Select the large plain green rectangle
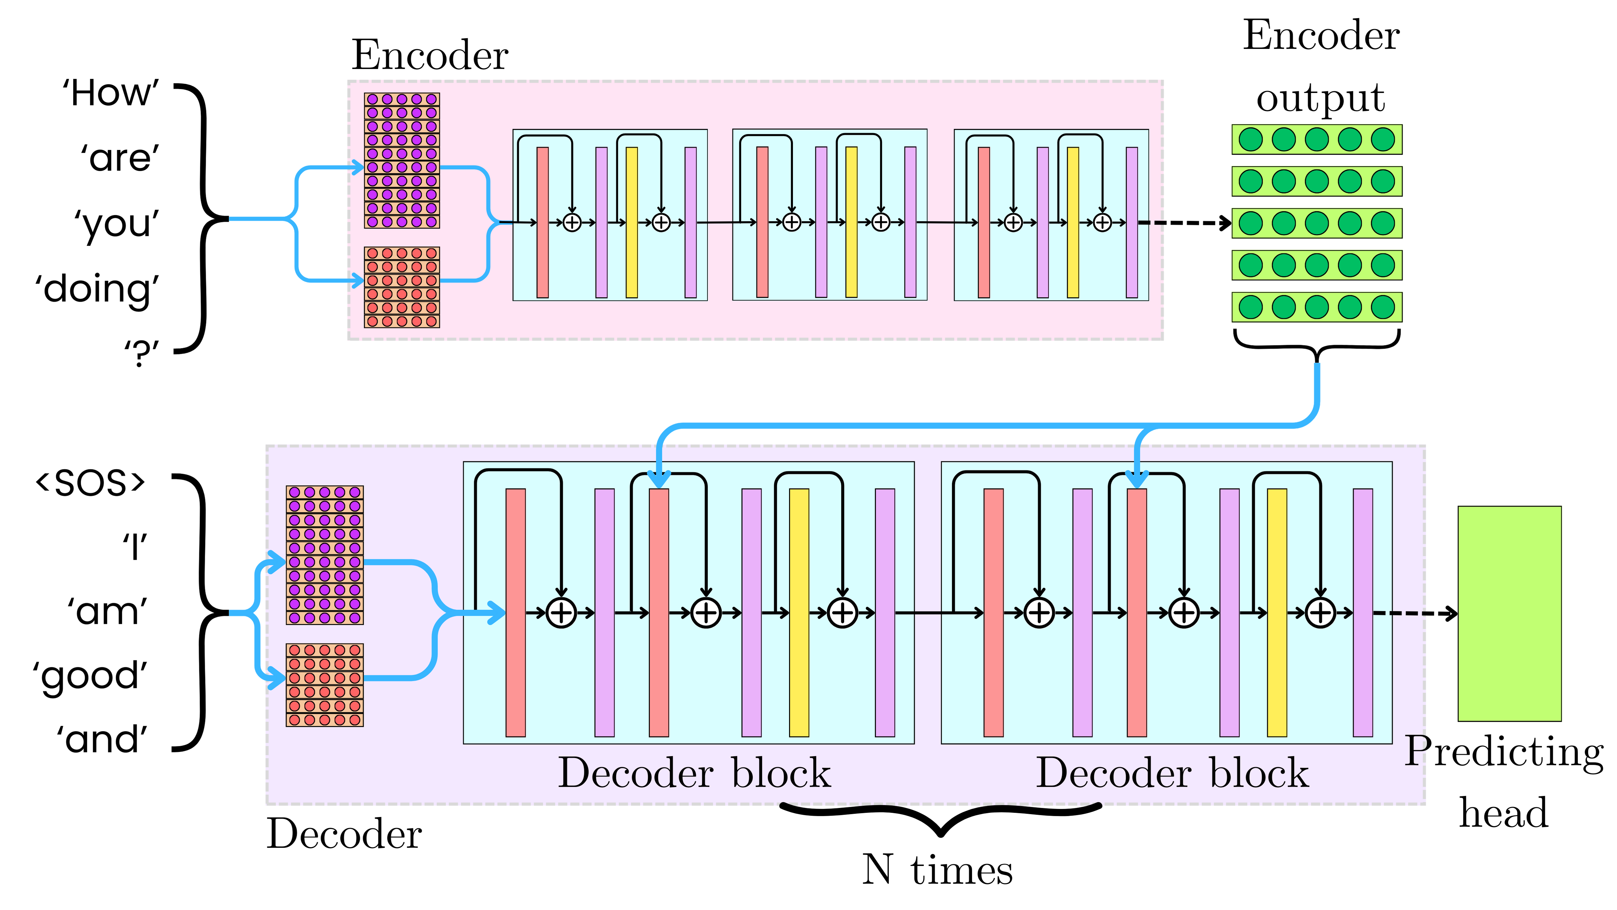[1509, 614]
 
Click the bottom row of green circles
[1316, 307]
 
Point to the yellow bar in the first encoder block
[632, 222]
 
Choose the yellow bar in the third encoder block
[1073, 222]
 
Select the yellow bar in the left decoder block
[798, 613]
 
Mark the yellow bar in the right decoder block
[1277, 613]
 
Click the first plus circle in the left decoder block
[561, 613]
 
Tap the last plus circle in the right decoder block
[1320, 613]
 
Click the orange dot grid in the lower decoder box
[325, 685]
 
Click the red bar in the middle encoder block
[762, 222]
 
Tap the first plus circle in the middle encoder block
[792, 222]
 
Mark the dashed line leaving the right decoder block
[1400, 613]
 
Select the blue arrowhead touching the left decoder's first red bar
[496, 613]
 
